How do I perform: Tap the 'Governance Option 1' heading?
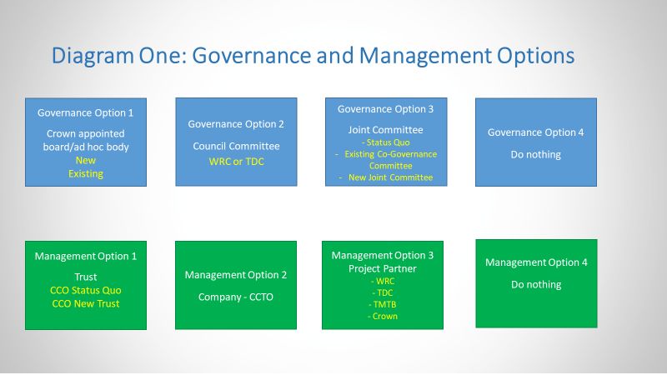[86, 113]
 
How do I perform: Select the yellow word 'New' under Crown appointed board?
[86, 160]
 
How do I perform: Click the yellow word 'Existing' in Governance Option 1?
[86, 174]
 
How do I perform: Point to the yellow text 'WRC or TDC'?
[237, 162]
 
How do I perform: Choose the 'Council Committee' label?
[236, 147]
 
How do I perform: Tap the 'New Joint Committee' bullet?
[386, 177]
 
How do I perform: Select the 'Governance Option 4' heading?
[535, 132]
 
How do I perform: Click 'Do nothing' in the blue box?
[535, 155]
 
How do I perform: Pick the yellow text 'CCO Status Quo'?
[86, 290]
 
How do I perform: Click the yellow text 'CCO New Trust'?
[86, 303]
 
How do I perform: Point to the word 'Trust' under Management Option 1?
[86, 277]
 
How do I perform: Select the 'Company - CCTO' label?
[236, 297]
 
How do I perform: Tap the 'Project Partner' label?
[383, 268]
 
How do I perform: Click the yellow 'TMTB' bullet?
[383, 305]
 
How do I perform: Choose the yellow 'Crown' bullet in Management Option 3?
[383, 317]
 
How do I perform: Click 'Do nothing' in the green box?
[536, 285]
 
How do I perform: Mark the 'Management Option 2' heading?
[236, 275]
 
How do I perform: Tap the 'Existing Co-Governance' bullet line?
[386, 154]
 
